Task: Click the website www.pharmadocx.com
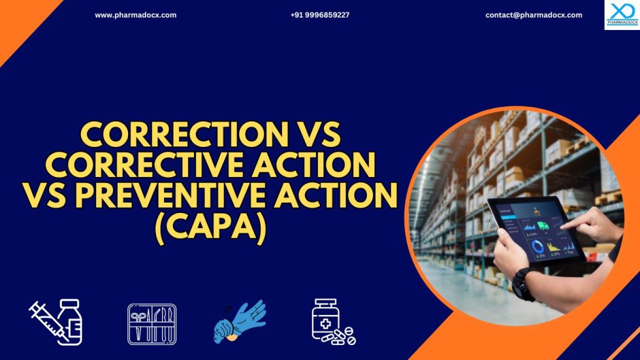[x=135, y=15]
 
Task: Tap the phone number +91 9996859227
[x=320, y=15]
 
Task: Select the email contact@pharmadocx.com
[x=534, y=15]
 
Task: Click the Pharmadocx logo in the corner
[x=621, y=14]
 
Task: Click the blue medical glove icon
[x=240, y=321]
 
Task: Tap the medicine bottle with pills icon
[x=332, y=321]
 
